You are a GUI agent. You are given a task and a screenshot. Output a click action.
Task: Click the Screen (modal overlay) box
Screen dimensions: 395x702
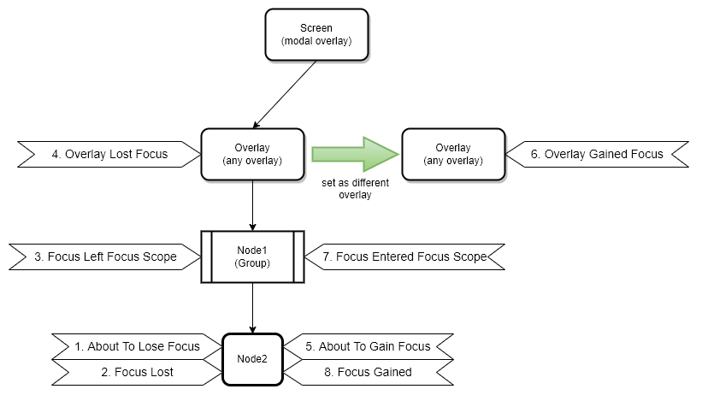click(316, 34)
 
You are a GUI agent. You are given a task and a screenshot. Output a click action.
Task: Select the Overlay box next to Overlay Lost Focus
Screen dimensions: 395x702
click(252, 154)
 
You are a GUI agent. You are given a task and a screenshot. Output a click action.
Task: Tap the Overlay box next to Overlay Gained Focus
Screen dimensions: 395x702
click(453, 154)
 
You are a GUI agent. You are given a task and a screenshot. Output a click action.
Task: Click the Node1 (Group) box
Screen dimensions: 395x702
click(252, 256)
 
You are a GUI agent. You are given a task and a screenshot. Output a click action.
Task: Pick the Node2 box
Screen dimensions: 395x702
click(252, 358)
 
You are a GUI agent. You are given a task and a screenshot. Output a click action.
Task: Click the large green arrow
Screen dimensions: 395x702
click(355, 154)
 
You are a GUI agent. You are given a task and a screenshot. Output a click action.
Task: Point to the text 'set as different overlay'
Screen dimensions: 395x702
click(356, 188)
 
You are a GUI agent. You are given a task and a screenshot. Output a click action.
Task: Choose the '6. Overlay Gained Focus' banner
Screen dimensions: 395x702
click(597, 155)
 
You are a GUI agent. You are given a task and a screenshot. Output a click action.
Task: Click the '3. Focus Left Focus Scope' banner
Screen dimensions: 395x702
click(105, 256)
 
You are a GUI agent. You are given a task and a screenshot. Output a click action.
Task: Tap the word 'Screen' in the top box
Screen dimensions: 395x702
click(316, 28)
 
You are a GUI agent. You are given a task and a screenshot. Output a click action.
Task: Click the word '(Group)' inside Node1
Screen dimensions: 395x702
click(252, 262)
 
